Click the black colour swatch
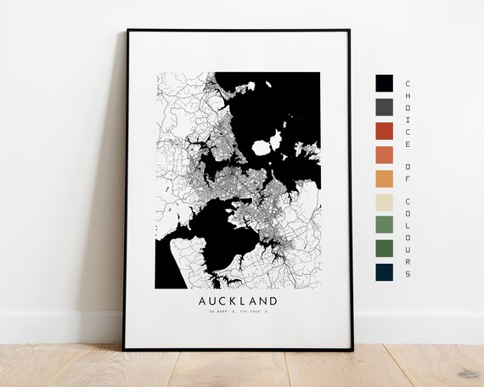coord(384,82)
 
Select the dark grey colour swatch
coord(384,106)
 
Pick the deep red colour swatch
coord(384,131)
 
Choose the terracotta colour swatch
coord(384,154)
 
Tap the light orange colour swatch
coord(384,178)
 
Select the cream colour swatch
coord(384,203)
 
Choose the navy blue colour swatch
coord(384,272)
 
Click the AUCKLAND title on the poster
coord(239,300)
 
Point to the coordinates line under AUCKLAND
coord(239,314)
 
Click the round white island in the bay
coord(262,147)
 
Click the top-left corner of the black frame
coord(127,31)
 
